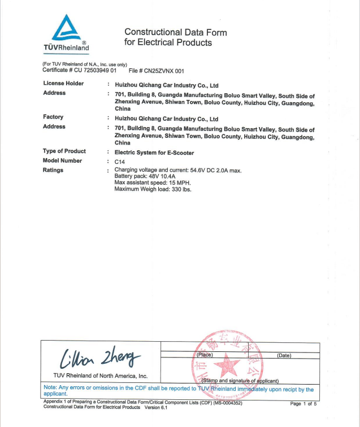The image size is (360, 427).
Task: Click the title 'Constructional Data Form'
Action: (x=175, y=32)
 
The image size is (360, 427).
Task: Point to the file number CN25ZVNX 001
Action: (x=164, y=71)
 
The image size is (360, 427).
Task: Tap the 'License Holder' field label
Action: (x=63, y=84)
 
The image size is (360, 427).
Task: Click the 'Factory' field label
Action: (x=53, y=117)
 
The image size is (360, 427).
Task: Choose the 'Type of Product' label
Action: (x=64, y=151)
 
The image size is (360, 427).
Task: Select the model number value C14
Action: (x=119, y=162)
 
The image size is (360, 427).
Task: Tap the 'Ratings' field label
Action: (x=53, y=171)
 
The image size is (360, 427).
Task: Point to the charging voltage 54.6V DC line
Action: (x=178, y=170)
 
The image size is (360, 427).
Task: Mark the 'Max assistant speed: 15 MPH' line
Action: (x=153, y=183)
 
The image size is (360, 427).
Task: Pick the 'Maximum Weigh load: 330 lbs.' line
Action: (x=153, y=189)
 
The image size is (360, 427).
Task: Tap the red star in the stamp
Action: (x=226, y=364)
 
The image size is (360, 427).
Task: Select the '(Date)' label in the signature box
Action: (x=284, y=355)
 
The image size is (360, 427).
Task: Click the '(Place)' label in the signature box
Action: (x=205, y=355)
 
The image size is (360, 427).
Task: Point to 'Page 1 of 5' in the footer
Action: (x=303, y=404)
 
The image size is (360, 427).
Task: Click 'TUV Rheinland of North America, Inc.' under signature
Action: (x=100, y=376)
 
